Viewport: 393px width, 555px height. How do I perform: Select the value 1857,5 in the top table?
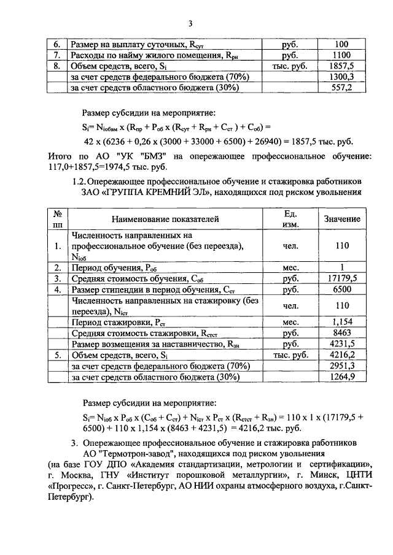coord(342,66)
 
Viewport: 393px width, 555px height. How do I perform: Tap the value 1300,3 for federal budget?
coord(342,77)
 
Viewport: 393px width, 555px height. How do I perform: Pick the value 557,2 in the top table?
coord(342,88)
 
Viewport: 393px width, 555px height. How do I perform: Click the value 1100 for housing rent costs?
coord(342,55)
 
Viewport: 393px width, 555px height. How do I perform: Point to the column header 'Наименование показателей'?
coord(165,219)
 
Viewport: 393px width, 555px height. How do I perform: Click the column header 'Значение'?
coord(342,219)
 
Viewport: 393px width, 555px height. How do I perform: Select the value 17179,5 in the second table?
coord(342,278)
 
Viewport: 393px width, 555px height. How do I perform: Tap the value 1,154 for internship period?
coord(342,322)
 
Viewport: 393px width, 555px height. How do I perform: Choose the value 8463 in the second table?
coord(342,333)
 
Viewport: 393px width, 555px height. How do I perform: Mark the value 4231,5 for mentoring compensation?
coord(342,344)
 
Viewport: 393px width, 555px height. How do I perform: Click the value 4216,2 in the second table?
coord(342,355)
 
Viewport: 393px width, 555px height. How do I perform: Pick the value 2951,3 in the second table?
coord(342,366)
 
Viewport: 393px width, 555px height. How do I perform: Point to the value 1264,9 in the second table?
coord(342,377)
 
